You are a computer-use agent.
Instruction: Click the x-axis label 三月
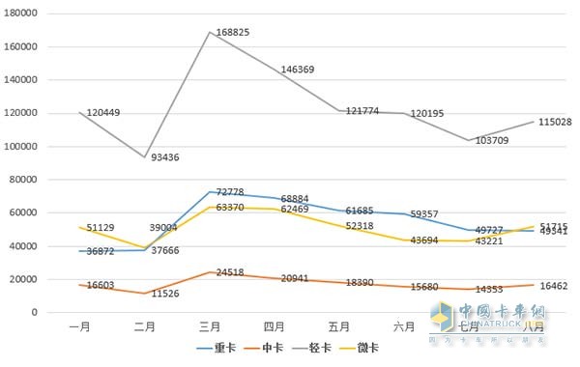pyautogui.click(x=211, y=326)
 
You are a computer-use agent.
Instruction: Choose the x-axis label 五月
pyautogui.click(x=341, y=326)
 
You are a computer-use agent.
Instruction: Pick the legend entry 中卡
pyautogui.click(x=272, y=347)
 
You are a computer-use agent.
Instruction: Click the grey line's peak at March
pyautogui.click(x=211, y=32)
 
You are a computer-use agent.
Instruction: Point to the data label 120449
pyautogui.click(x=102, y=113)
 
